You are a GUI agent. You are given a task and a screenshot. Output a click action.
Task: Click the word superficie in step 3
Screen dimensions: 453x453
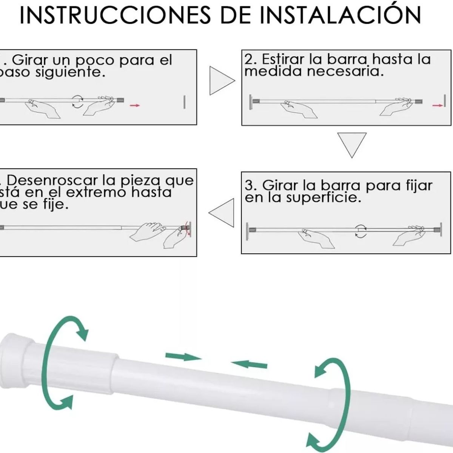[324, 197]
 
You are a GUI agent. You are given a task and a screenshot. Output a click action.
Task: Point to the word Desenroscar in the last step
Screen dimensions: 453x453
[52, 180]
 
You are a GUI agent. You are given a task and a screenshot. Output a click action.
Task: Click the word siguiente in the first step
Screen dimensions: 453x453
[70, 72]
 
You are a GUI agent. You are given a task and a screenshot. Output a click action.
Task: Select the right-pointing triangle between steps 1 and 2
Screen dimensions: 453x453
[221, 80]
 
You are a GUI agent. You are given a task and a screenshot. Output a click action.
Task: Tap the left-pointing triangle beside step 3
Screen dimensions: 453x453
[222, 213]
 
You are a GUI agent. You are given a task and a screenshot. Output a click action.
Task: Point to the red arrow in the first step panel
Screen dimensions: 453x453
[134, 105]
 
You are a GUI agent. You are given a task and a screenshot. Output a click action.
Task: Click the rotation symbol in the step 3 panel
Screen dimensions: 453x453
[361, 231]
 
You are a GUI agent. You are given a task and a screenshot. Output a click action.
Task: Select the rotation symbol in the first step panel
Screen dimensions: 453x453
[78, 102]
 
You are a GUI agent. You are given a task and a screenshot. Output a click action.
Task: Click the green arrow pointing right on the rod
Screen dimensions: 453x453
[183, 356]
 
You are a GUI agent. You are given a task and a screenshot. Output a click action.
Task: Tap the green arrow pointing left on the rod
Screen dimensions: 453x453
[249, 364]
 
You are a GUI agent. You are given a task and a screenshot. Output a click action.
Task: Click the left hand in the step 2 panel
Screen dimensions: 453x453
[298, 109]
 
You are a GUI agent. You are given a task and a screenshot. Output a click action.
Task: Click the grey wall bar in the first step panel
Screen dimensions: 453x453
[184, 102]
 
